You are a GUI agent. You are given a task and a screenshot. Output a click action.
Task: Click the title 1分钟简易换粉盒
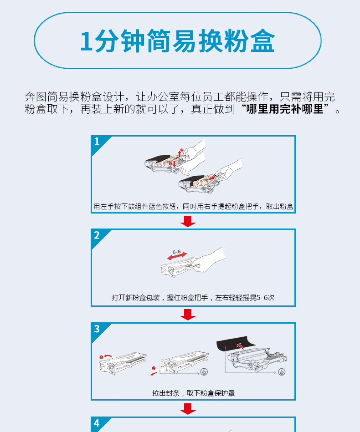[x=177, y=41]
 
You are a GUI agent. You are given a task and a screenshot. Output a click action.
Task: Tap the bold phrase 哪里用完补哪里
[x=284, y=109]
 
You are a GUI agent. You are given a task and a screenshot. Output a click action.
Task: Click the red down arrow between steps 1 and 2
[x=188, y=221]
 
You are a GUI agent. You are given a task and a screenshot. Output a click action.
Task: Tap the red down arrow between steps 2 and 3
[x=188, y=315]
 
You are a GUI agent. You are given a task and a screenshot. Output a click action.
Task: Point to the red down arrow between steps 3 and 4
[x=188, y=409]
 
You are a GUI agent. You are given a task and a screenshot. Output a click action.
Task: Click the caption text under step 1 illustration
[x=193, y=206]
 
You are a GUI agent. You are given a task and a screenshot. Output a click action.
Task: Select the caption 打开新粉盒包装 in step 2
[x=136, y=298]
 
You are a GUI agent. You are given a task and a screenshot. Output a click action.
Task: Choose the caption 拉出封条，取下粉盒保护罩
[x=193, y=393]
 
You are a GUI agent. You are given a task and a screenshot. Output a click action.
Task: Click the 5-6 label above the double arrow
[x=177, y=252]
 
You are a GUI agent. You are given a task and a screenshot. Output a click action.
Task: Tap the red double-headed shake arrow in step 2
[x=177, y=256]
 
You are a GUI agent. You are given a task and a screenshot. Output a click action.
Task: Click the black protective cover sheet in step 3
[x=236, y=343]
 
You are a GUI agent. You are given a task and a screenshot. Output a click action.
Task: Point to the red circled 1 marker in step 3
[x=101, y=357]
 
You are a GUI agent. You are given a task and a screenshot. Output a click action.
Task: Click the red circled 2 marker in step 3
[x=154, y=368]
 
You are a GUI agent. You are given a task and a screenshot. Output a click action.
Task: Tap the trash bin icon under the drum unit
[x=282, y=372]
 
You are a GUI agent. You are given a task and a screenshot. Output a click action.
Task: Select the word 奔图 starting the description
[x=36, y=97]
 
